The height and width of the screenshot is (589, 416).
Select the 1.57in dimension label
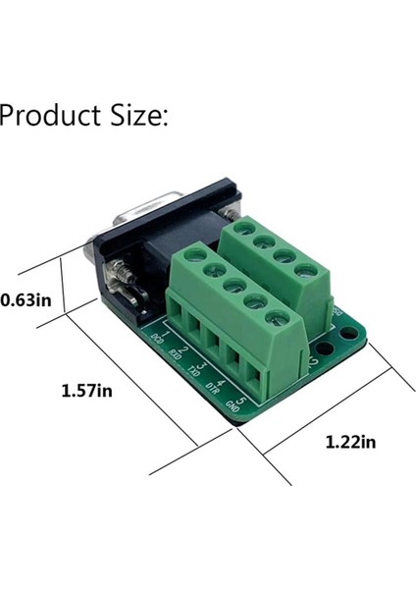pyautogui.click(x=87, y=391)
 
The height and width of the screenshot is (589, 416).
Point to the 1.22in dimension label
pyautogui.click(x=350, y=442)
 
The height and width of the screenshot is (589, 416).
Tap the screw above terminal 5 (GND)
pyautogui.click(x=279, y=318)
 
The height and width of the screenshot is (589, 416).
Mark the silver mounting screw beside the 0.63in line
pyautogui.click(x=123, y=278)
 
